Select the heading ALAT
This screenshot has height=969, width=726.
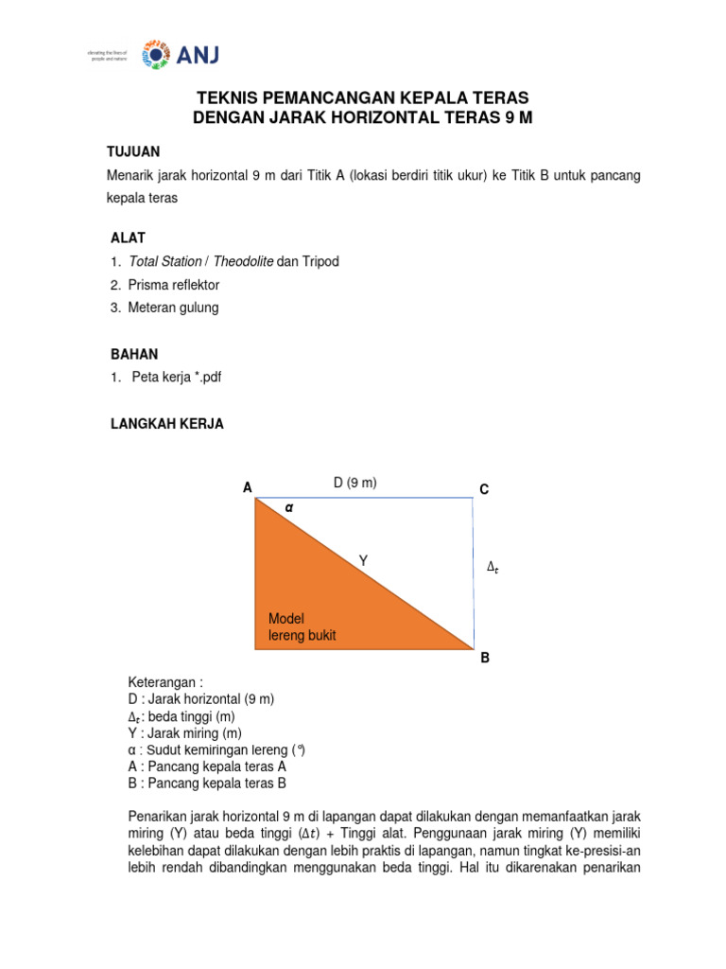pos(129,238)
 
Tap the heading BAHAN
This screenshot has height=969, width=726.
pos(134,354)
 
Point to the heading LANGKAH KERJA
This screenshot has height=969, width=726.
pos(167,424)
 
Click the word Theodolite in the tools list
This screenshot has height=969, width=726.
pos(241,261)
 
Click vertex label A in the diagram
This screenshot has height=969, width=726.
pos(248,488)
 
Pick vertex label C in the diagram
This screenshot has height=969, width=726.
pos(484,489)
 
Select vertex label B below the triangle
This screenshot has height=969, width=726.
pos(485,658)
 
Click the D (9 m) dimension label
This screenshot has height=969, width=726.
pos(354,484)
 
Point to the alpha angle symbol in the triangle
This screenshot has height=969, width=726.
pos(290,507)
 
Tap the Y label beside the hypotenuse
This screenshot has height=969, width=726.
pos(363,561)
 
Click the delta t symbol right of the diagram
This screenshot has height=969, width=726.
pos(492,567)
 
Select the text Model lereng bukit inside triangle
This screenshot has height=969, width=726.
pos(302,626)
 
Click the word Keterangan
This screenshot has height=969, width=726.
pos(165,682)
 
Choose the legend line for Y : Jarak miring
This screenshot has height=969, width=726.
pos(185,733)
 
